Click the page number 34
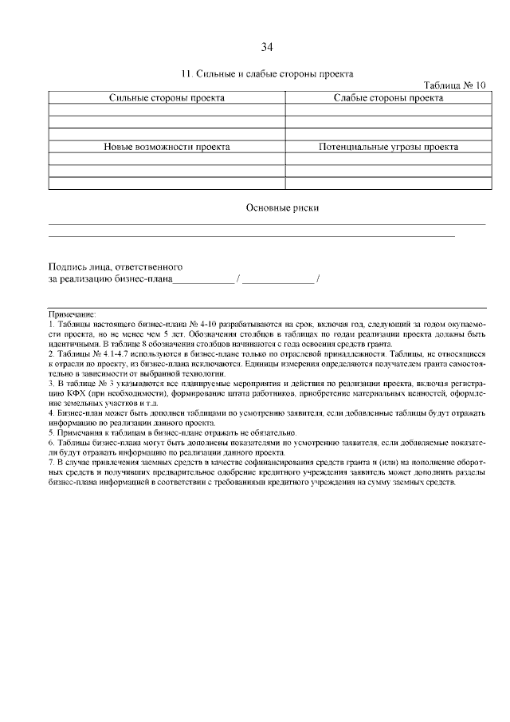click(x=267, y=45)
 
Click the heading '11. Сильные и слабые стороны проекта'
click(x=267, y=73)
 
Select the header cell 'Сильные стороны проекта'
click(x=167, y=97)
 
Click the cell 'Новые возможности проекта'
click(x=167, y=147)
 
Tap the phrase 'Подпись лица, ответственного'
click(x=116, y=266)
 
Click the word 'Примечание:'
click(x=73, y=316)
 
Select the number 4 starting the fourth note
click(x=51, y=412)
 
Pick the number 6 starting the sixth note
click(x=51, y=442)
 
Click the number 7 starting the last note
click(x=51, y=461)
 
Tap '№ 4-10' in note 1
click(x=202, y=325)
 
